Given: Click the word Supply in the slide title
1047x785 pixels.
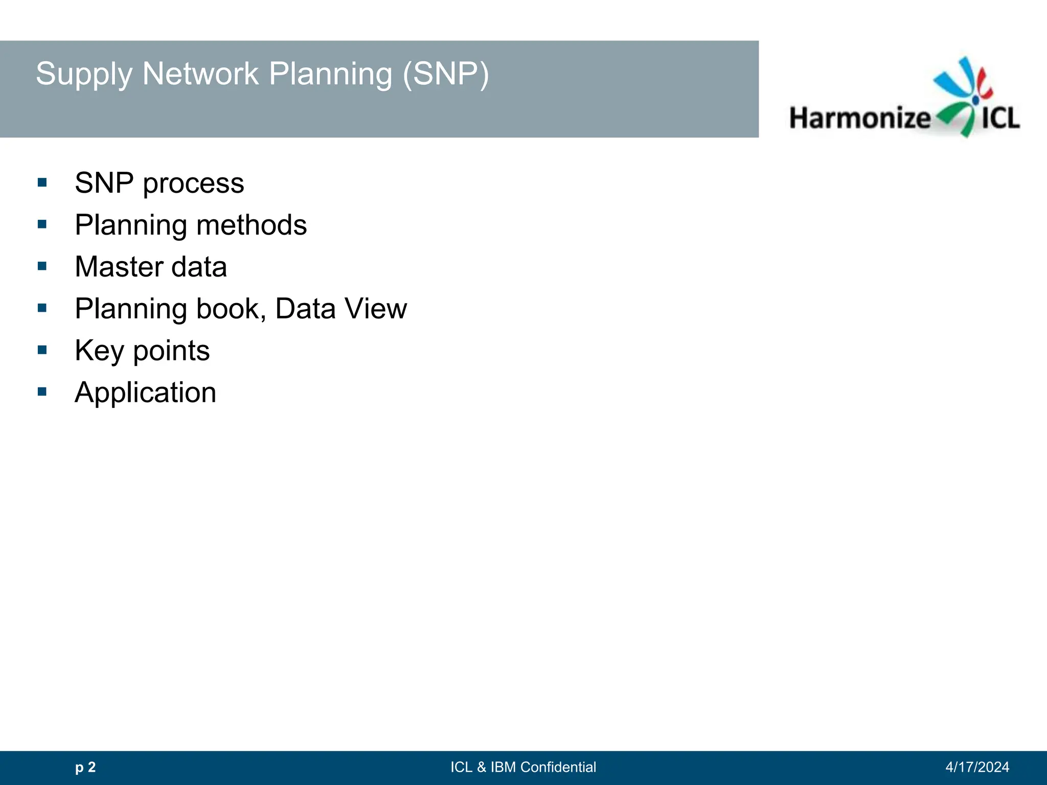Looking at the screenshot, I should (x=84, y=75).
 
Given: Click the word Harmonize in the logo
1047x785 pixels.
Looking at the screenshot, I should (x=860, y=118).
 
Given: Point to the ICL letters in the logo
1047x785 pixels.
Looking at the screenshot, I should (x=1000, y=118).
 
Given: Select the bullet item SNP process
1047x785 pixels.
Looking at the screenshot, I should (x=159, y=183).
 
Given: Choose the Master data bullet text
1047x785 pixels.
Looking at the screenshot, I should (x=151, y=267).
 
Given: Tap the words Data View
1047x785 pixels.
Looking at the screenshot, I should (x=341, y=309).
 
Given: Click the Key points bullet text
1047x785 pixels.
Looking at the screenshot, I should (x=142, y=351).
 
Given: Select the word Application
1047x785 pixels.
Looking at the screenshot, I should (x=145, y=392).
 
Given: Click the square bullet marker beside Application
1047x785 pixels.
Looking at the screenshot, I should (x=42, y=392).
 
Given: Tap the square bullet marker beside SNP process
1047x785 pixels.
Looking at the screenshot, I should (x=42, y=182).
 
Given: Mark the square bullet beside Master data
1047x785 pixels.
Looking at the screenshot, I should (x=42, y=266).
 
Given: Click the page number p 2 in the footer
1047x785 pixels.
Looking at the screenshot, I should (x=85, y=767).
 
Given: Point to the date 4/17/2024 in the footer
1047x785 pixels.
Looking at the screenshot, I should (x=977, y=767).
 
